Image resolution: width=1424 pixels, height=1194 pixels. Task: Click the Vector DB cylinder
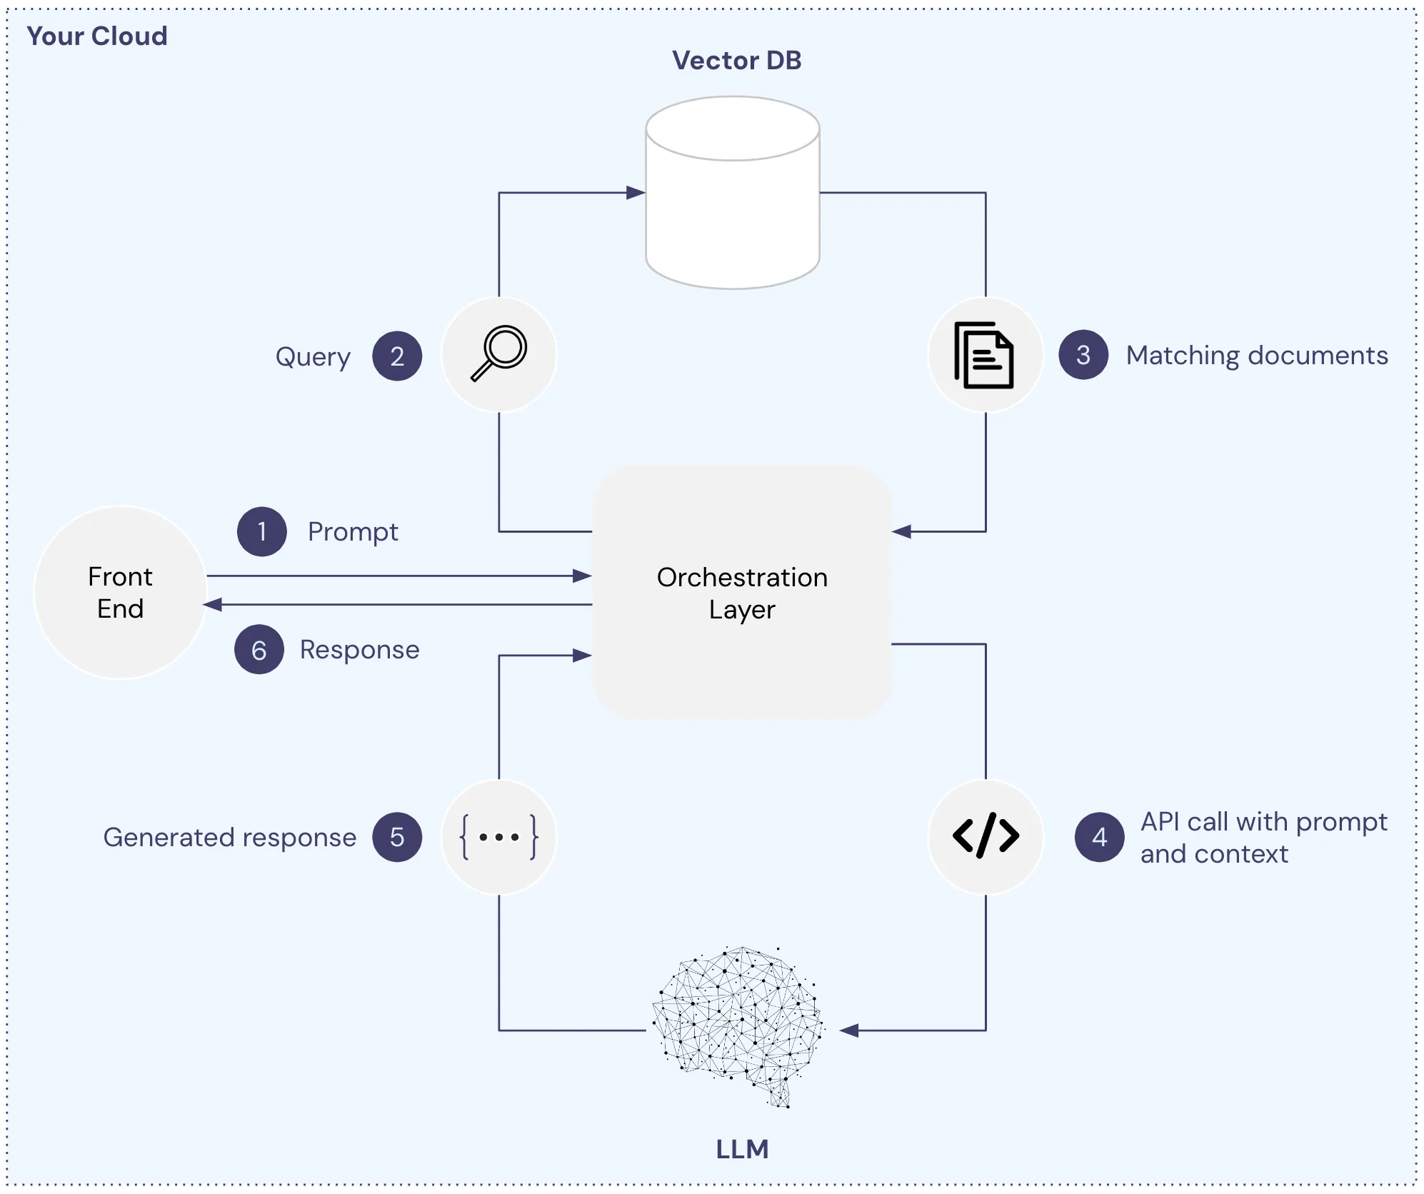pyautogui.click(x=732, y=193)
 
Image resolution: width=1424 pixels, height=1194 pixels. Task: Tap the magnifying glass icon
pyautogui.click(x=498, y=354)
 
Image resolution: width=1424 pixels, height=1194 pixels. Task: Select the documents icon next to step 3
pyautogui.click(x=984, y=355)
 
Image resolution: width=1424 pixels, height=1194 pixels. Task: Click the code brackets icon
pyautogui.click(x=986, y=836)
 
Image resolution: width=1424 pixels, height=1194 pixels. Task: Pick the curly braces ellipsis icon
pyautogui.click(x=498, y=837)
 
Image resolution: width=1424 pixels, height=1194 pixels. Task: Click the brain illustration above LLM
pyautogui.click(x=738, y=1025)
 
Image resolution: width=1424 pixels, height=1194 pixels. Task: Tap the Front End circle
pyautogui.click(x=120, y=592)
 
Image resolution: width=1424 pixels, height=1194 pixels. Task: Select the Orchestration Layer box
pyautogui.click(x=742, y=593)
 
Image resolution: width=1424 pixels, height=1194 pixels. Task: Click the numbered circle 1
pyautogui.click(x=261, y=532)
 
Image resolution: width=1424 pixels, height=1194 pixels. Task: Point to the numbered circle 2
pyautogui.click(x=397, y=356)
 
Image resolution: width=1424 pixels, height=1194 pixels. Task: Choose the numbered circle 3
pyautogui.click(x=1083, y=355)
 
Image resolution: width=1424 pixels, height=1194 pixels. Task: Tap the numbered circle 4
pyautogui.click(x=1099, y=837)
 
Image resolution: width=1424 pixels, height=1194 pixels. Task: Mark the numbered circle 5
pyautogui.click(x=397, y=837)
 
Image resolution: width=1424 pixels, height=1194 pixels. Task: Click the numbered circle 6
pyautogui.click(x=259, y=650)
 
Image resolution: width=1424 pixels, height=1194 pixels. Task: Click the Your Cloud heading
pyautogui.click(x=97, y=36)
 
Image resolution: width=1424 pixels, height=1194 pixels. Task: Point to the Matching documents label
pyautogui.click(x=1257, y=356)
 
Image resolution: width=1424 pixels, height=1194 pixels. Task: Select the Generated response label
pyautogui.click(x=229, y=837)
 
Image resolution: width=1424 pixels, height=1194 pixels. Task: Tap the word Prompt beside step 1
pyautogui.click(x=353, y=532)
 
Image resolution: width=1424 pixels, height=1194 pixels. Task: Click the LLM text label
pyautogui.click(x=742, y=1149)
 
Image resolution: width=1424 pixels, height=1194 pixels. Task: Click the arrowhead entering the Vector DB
pyautogui.click(x=636, y=193)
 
